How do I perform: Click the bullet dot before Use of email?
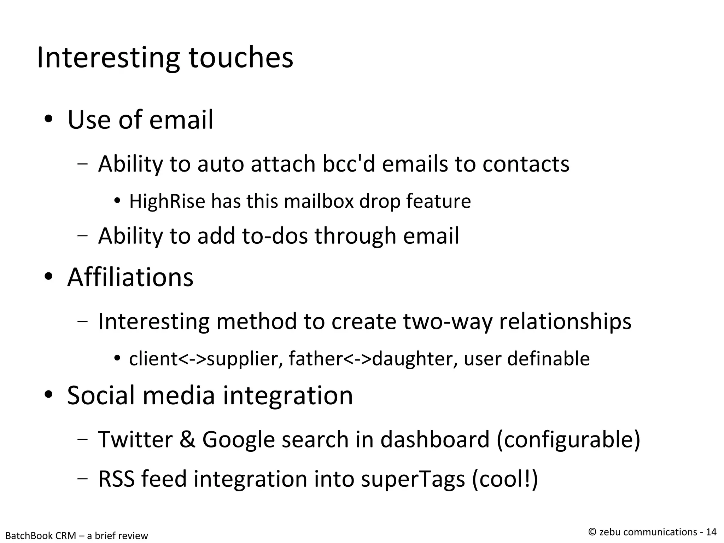[48, 120]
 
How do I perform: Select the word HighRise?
[167, 201]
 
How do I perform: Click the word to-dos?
[275, 236]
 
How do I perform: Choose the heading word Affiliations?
[130, 277]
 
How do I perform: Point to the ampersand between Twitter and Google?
[187, 439]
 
